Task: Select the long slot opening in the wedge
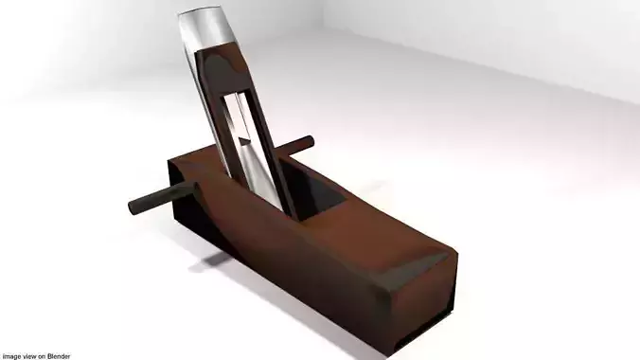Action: [243, 133]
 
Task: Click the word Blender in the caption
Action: [61, 355]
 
